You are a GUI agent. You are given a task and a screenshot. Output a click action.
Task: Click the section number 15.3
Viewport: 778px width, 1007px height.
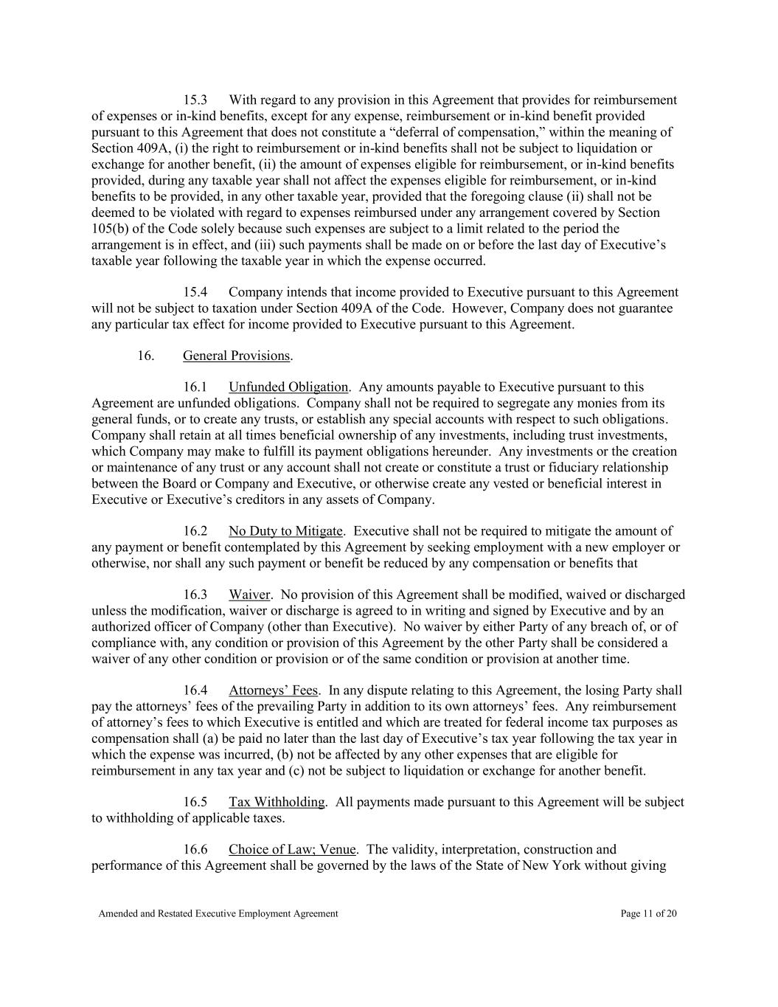click(195, 100)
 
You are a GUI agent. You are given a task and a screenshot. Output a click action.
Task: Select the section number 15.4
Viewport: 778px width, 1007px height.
click(195, 293)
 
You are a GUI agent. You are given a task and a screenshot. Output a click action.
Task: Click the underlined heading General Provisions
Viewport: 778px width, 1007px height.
click(236, 356)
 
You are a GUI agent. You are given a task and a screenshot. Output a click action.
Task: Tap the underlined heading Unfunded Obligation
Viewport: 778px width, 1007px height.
click(288, 388)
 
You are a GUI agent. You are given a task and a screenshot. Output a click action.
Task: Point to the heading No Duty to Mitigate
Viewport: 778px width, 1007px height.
click(285, 532)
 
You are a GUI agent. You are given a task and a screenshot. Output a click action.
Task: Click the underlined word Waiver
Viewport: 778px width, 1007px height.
click(249, 595)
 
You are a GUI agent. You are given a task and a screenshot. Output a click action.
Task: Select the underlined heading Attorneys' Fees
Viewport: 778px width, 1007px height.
click(273, 691)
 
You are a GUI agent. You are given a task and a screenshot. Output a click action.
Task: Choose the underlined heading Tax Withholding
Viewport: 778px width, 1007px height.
click(277, 803)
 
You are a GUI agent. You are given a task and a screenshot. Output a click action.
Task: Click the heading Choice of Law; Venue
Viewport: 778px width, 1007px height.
click(292, 851)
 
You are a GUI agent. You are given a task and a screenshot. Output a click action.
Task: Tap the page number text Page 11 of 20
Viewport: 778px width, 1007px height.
click(649, 914)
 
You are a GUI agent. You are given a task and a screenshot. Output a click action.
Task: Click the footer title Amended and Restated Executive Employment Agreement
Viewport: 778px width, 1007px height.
click(218, 914)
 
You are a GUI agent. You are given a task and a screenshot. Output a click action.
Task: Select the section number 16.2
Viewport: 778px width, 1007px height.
click(195, 532)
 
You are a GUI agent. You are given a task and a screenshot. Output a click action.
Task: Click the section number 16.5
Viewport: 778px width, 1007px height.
click(195, 803)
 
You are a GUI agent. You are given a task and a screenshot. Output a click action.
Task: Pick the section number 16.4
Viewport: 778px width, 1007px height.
click(195, 691)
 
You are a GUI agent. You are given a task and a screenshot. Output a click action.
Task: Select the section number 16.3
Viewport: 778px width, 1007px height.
click(195, 595)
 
